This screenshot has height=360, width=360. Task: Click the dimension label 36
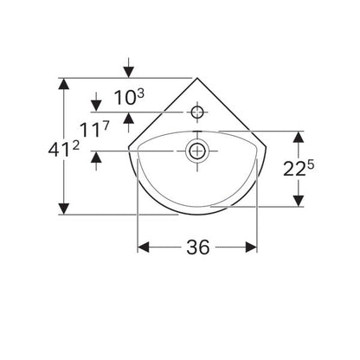(198, 247)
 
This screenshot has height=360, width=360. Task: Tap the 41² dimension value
(63, 150)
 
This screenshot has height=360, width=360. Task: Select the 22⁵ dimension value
(299, 169)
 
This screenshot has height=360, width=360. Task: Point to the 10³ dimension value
(129, 97)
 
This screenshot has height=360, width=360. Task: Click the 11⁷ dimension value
(94, 129)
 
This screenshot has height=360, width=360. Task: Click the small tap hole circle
(197, 112)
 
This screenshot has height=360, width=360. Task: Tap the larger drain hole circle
(197, 151)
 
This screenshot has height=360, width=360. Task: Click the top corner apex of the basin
(197, 78)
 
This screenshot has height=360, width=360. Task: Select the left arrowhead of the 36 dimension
(143, 247)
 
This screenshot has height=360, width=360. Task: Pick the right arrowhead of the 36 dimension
(252, 247)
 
